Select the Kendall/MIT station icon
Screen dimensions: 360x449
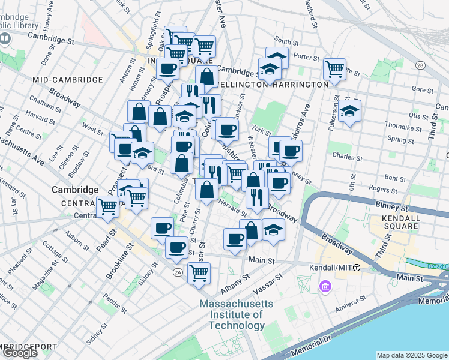[x=357, y=268]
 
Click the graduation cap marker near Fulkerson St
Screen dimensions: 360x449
[x=349, y=111]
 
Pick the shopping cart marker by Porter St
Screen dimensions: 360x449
[x=334, y=68]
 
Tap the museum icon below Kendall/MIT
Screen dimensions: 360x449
[x=326, y=287]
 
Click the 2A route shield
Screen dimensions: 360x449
[x=178, y=272]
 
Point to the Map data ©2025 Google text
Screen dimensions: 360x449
[x=411, y=355]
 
